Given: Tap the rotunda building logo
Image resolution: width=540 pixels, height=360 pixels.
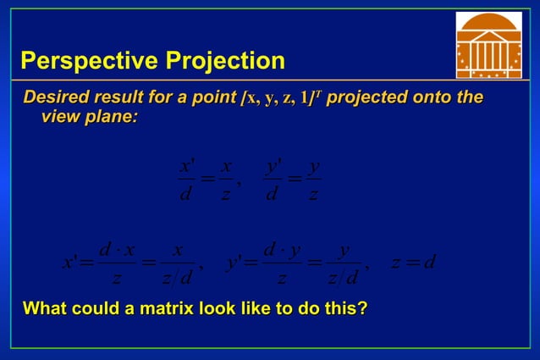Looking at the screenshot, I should (488, 45).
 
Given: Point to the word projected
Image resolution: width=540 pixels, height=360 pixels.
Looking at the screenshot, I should (366, 97).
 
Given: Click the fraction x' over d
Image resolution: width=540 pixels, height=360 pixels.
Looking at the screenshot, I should (186, 180).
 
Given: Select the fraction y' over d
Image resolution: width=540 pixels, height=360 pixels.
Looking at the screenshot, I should (273, 180).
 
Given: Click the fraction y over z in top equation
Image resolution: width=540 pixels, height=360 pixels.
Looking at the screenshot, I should (313, 180).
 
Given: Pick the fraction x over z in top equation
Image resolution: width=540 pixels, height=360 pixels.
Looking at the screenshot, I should (226, 180).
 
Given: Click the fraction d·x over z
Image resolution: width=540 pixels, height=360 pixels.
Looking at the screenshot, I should (117, 263).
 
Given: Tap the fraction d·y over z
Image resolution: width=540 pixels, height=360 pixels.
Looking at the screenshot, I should (282, 263).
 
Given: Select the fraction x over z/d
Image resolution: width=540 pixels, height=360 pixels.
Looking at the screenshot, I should (177, 263).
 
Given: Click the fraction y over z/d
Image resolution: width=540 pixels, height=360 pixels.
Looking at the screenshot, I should (343, 263).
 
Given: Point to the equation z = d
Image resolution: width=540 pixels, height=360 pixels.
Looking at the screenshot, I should (413, 262).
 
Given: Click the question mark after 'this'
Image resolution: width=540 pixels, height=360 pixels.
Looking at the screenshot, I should (362, 308).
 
